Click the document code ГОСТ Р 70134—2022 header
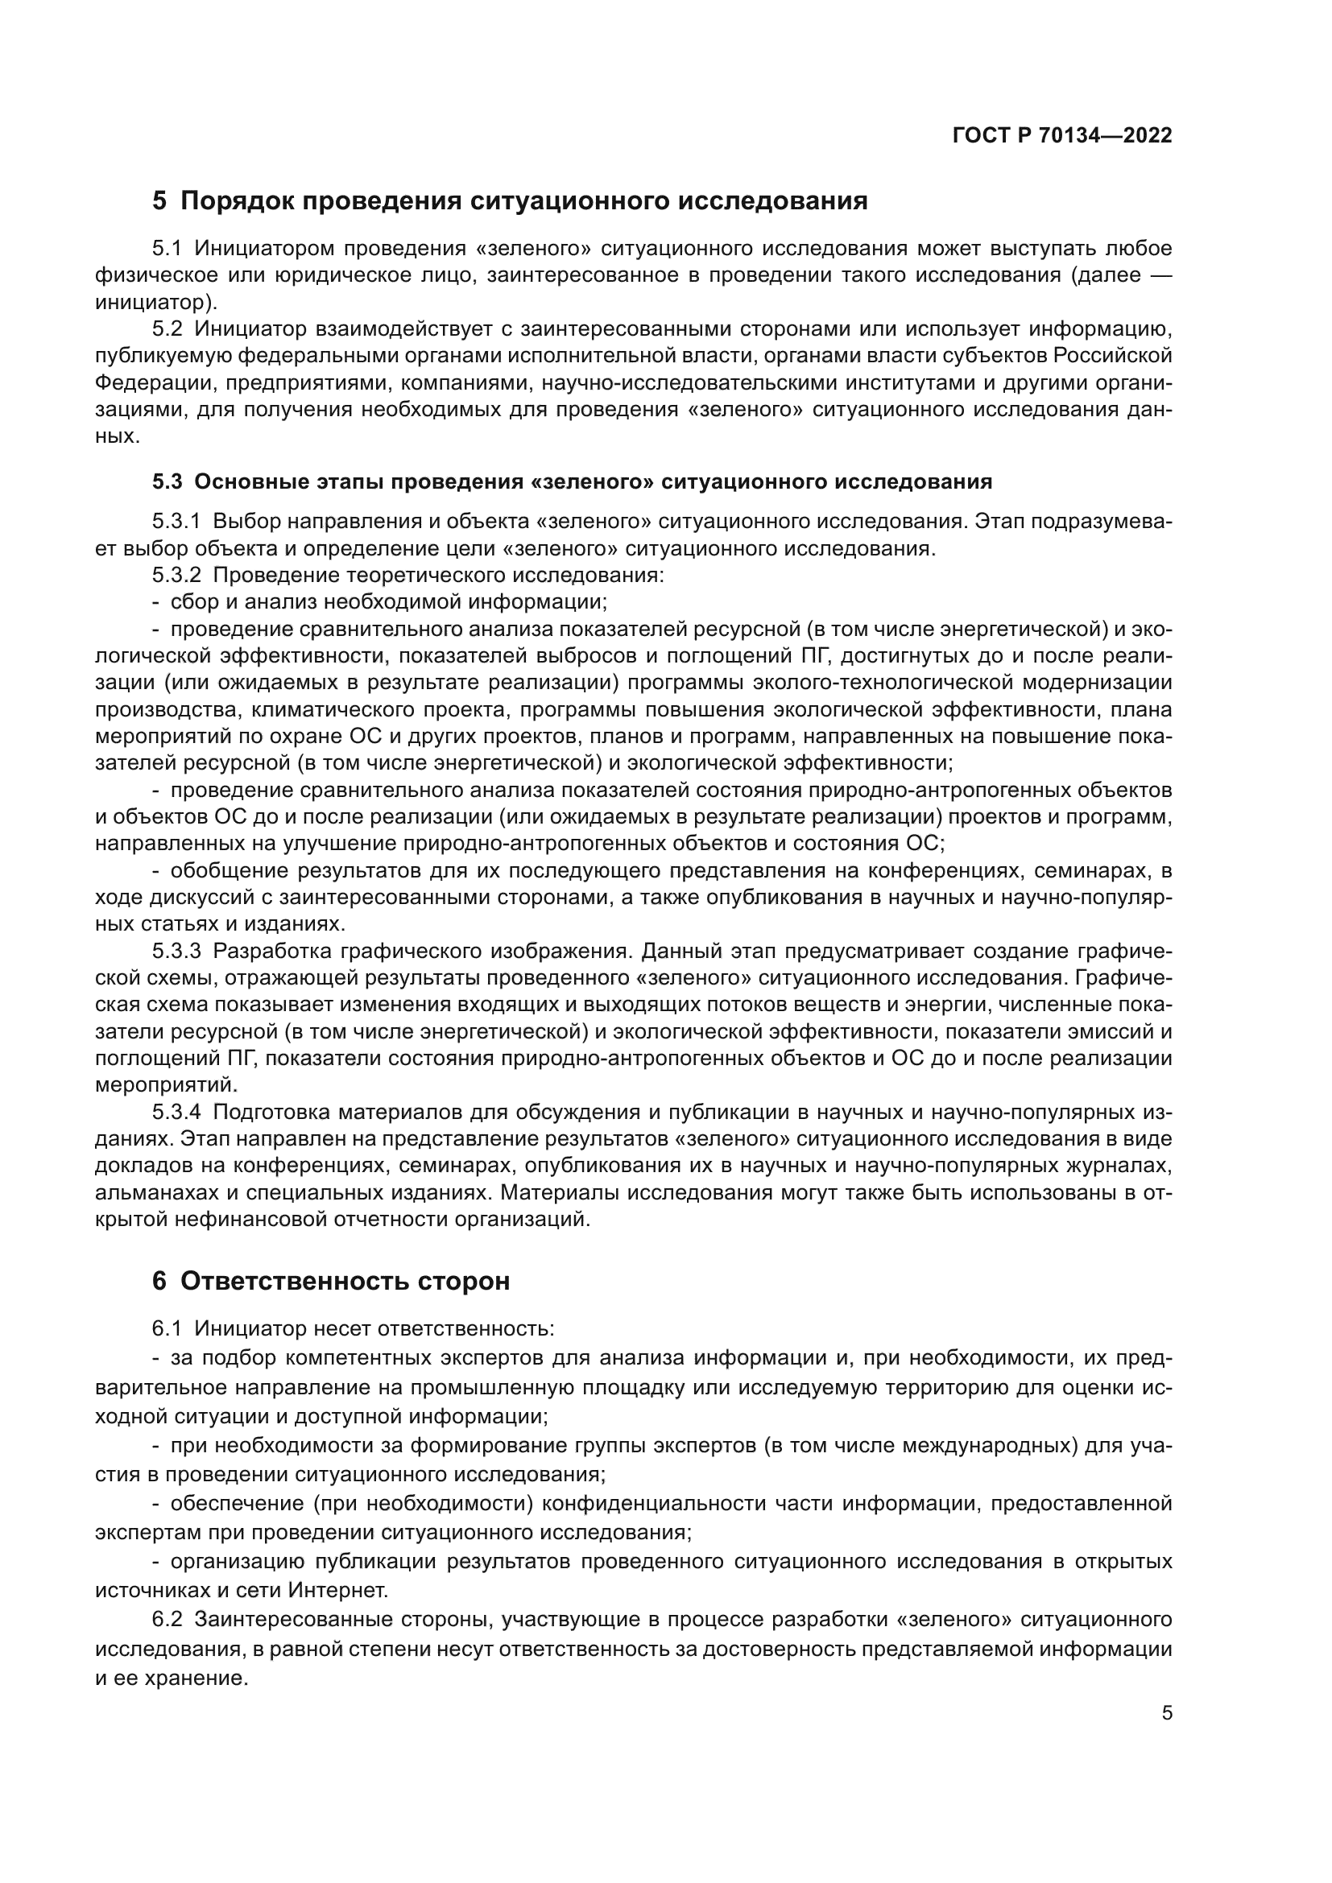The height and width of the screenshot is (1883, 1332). (1062, 136)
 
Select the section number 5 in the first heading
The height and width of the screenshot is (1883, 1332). (159, 201)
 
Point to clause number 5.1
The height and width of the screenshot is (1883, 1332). (168, 249)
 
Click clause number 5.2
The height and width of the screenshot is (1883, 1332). (168, 330)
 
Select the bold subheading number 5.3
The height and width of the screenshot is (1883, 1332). (168, 481)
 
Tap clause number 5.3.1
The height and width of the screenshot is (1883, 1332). (176, 522)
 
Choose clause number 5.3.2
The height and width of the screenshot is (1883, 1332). (176, 575)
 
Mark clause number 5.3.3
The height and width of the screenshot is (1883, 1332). (176, 952)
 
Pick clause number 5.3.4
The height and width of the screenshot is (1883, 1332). (176, 1113)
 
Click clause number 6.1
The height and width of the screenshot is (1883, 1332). (168, 1328)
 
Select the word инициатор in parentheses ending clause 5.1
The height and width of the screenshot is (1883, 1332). (151, 303)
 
